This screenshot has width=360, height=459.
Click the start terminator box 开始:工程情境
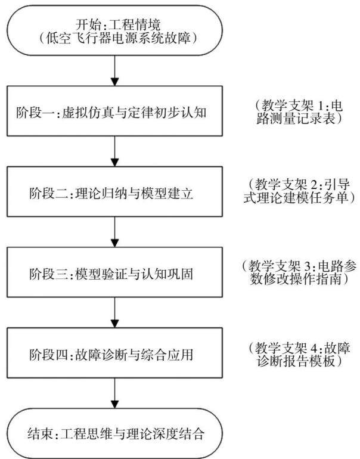[x=114, y=30]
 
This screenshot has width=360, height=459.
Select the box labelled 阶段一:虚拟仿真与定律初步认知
[x=114, y=111]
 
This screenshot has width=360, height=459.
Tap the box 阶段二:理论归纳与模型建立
[x=114, y=192]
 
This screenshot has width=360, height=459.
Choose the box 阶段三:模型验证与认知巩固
[x=114, y=272]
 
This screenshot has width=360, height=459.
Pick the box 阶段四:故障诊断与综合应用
[x=114, y=353]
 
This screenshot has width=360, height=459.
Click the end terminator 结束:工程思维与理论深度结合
[x=114, y=433]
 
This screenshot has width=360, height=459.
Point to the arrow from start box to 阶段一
[x=114, y=70]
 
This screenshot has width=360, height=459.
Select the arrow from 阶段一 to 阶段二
[x=114, y=151]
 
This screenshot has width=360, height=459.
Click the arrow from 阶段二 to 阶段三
[x=114, y=232]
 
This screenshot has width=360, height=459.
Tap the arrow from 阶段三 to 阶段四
[x=114, y=312]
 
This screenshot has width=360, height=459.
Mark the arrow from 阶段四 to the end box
[x=114, y=393]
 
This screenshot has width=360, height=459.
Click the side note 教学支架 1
[x=299, y=112]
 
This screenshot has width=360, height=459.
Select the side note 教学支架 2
[x=299, y=191]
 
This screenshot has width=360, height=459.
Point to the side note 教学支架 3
[x=299, y=272]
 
